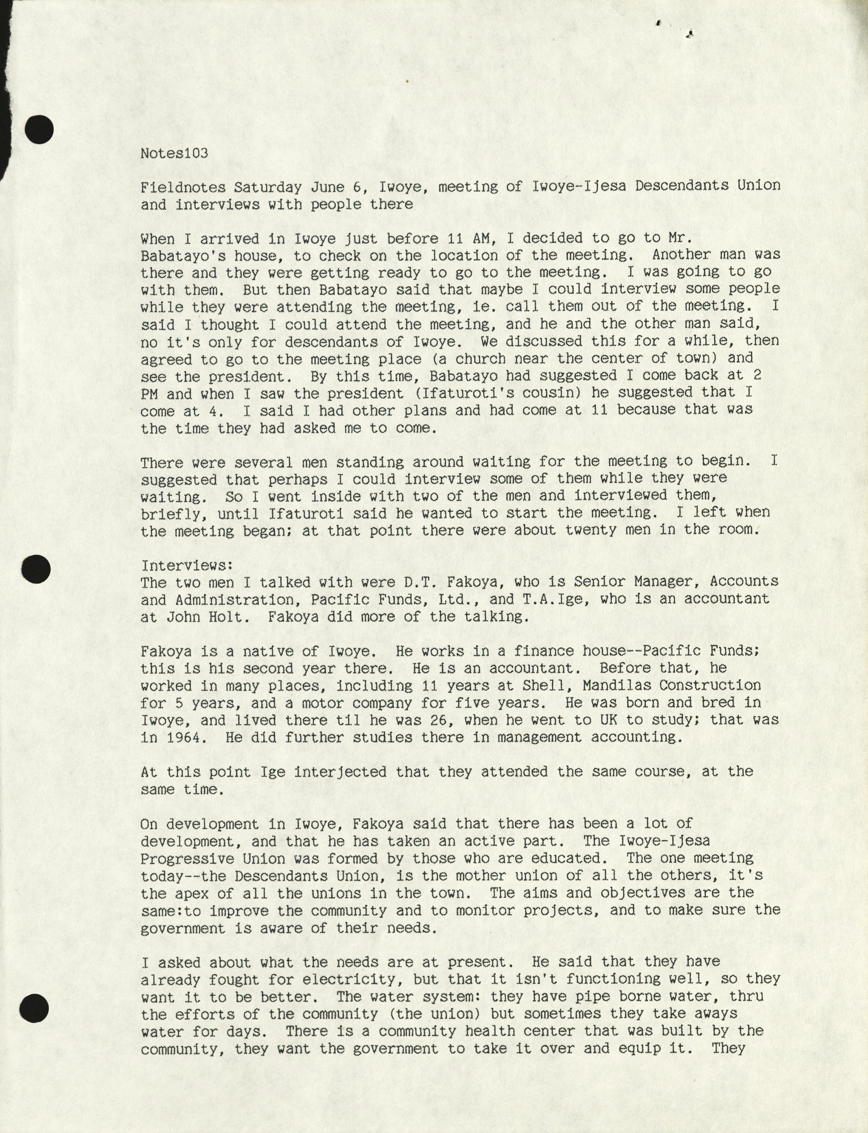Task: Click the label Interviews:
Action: coord(187,566)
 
